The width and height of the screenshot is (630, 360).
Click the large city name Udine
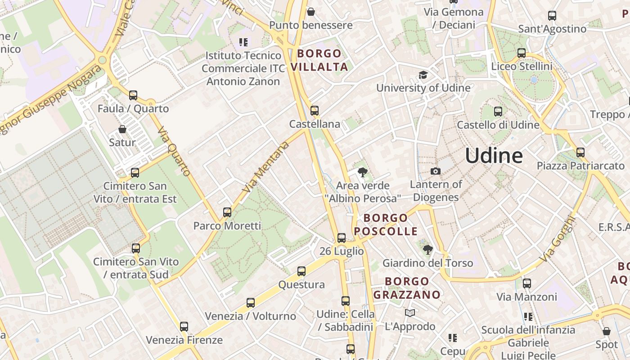(494, 156)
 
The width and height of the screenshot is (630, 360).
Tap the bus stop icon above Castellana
(315, 110)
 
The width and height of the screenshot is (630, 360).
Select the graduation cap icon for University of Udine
(423, 75)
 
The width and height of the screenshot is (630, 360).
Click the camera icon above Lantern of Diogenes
(435, 171)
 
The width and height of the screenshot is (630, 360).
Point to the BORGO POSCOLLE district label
(386, 225)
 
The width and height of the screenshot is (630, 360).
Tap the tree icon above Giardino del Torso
(427, 249)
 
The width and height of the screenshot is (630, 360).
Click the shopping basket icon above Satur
(122, 130)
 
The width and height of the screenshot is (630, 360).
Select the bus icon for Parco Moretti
(227, 212)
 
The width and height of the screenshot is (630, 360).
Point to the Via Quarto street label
(174, 151)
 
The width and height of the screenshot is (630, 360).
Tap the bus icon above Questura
(301, 271)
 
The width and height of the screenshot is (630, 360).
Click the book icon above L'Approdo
(410, 313)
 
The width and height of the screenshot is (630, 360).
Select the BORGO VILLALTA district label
(319, 60)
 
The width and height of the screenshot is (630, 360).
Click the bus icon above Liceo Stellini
(522, 53)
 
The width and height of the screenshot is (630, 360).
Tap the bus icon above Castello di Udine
(498, 111)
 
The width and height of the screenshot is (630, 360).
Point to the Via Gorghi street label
(558, 240)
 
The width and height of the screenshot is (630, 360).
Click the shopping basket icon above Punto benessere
(310, 12)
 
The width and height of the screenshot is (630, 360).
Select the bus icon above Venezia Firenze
(184, 327)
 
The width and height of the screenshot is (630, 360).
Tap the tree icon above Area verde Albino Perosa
(362, 172)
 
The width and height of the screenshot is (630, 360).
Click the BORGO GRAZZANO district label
(407, 288)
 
